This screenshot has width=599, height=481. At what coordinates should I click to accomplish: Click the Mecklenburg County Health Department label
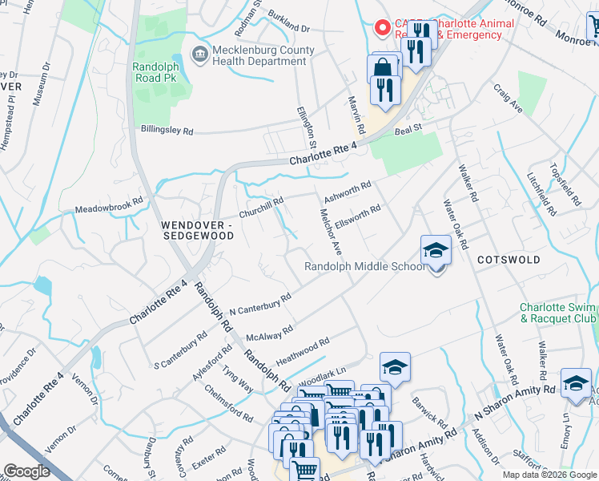pyautogui.click(x=263, y=57)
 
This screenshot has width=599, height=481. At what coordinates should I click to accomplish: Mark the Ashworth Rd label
pyautogui.click(x=347, y=192)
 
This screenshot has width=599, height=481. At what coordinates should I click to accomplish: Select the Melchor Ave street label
pyautogui.click(x=331, y=232)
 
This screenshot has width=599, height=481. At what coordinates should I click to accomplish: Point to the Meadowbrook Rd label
pyautogui.click(x=109, y=205)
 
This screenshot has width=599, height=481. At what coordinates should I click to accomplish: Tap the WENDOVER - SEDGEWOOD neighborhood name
pyautogui.click(x=196, y=231)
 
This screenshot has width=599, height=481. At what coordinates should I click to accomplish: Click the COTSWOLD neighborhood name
pyautogui.click(x=509, y=261)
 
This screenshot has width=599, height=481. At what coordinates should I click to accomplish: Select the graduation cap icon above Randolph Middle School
pyautogui.click(x=436, y=251)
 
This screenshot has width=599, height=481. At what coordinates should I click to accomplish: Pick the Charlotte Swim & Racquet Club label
pyautogui.click(x=558, y=313)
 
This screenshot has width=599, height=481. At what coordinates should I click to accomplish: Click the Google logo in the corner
pyautogui.click(x=27, y=471)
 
